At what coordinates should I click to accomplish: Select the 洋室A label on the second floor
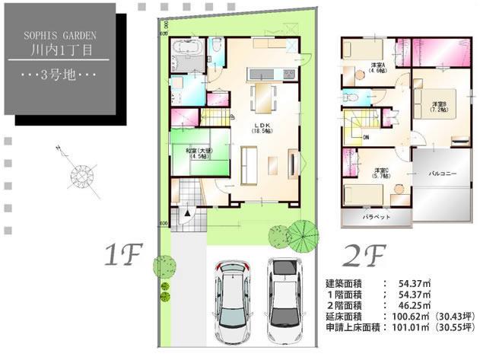pos(377,67)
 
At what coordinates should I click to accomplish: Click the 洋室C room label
pos(380,173)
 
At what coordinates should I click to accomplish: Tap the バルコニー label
pos(442,174)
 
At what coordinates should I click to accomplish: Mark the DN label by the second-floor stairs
pos(366,137)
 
